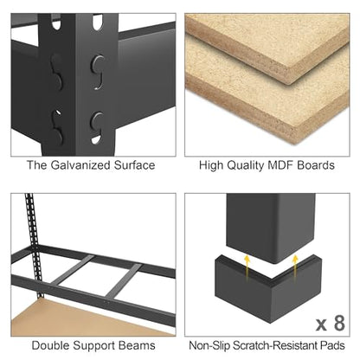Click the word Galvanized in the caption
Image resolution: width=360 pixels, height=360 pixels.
80,165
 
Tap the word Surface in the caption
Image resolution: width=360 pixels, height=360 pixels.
134,165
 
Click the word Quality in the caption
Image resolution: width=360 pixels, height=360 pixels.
246,166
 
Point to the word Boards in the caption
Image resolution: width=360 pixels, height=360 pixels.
316,165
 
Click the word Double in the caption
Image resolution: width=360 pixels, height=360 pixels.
50,345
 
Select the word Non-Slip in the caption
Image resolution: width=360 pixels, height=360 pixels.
209,345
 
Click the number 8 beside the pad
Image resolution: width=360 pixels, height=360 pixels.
339,323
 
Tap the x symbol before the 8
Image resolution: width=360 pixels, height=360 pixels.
321,325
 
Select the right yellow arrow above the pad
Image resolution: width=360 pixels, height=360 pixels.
294,266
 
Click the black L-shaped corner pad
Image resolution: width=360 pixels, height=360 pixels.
268,288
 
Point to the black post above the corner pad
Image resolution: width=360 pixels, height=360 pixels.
271,228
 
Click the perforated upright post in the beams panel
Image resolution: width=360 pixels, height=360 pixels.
34,245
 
